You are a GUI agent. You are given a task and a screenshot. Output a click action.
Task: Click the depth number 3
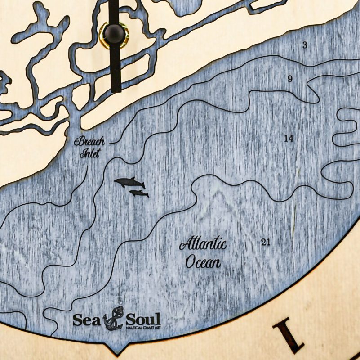305,45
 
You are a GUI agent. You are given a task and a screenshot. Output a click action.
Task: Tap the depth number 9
290,79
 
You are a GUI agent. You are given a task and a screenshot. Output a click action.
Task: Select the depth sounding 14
289,139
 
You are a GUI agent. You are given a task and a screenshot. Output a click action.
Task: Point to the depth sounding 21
266,243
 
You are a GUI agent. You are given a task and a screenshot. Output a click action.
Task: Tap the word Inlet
90,154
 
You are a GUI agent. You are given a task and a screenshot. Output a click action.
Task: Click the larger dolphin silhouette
129,183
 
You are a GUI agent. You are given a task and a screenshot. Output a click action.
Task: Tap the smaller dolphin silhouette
139,193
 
